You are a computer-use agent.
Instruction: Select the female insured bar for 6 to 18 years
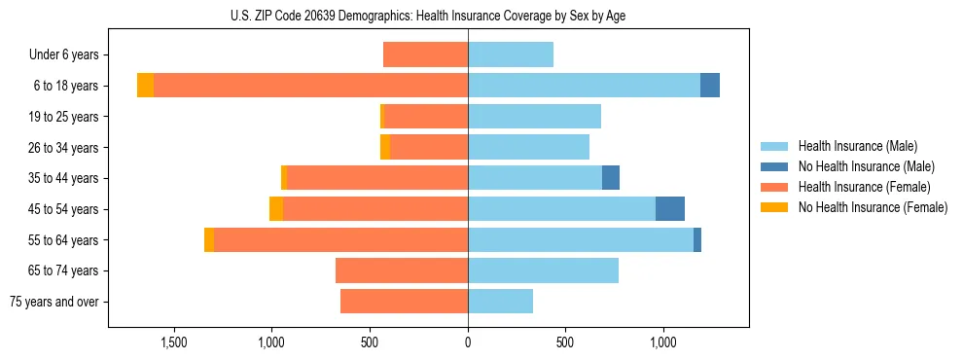coord(310,86)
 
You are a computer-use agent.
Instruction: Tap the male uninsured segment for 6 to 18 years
coord(710,86)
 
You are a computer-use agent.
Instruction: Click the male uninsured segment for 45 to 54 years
coord(670,209)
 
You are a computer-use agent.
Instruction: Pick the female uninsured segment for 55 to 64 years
coord(209,240)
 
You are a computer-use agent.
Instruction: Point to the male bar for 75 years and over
coord(500,302)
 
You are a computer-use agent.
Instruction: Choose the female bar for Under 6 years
coord(425,54)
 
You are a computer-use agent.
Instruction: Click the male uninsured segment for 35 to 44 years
coord(611,178)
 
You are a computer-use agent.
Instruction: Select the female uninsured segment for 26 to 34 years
coord(385,147)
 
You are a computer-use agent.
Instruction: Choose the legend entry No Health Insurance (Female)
coord(873,207)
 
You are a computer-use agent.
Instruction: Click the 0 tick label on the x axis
coord(468,342)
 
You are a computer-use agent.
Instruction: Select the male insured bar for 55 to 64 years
coord(581,240)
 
